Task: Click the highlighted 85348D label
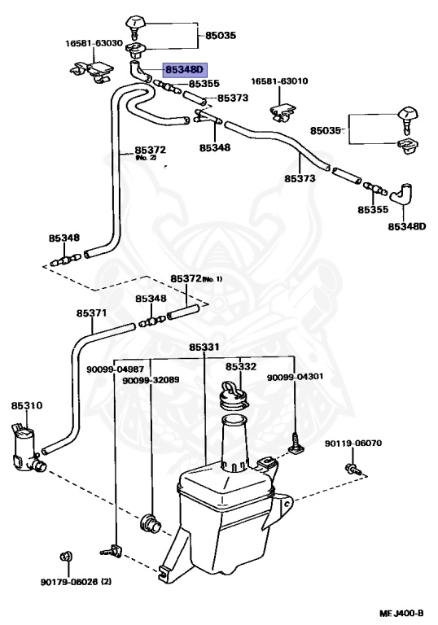(x=185, y=70)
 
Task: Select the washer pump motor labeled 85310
(x=27, y=449)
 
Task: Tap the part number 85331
(x=204, y=347)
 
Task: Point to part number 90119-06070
(x=353, y=444)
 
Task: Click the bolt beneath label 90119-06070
(x=354, y=469)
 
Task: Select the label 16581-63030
(x=94, y=43)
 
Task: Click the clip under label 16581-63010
(x=283, y=111)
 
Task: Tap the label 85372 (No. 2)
(x=150, y=152)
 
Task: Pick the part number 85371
(x=92, y=313)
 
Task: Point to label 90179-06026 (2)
(x=76, y=582)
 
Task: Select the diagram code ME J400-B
(x=401, y=613)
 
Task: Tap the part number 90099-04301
(x=296, y=377)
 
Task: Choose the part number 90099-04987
(x=116, y=370)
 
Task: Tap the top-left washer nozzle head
(x=136, y=24)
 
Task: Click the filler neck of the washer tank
(x=235, y=443)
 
